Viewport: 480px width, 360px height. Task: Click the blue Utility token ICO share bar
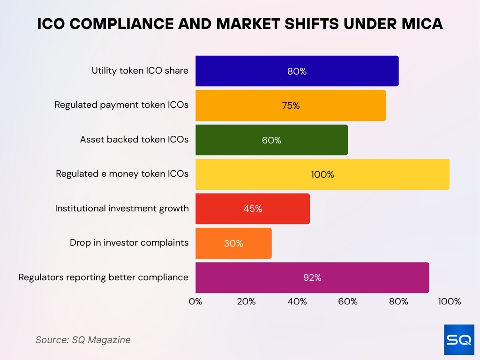pyautogui.click(x=297, y=71)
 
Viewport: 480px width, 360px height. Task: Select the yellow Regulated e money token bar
pyautogui.click(x=322, y=174)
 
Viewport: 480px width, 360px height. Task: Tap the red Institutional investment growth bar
pyautogui.click(x=252, y=209)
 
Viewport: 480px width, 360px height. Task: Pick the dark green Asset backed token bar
pyautogui.click(x=271, y=140)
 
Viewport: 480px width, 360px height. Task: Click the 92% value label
pyautogui.click(x=312, y=277)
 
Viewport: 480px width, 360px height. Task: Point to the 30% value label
pyautogui.click(x=233, y=243)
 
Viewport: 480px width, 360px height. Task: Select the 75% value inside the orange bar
pyautogui.click(x=291, y=105)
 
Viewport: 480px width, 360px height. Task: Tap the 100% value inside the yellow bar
pyautogui.click(x=322, y=174)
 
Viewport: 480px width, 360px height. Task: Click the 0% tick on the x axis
pyautogui.click(x=195, y=301)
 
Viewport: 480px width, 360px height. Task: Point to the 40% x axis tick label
pyautogui.click(x=297, y=301)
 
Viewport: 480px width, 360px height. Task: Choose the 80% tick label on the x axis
pyautogui.click(x=398, y=301)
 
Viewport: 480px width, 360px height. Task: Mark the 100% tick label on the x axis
pyautogui.click(x=449, y=301)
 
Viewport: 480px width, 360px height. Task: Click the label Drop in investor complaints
pyautogui.click(x=129, y=243)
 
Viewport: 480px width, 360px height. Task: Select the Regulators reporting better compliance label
pyautogui.click(x=103, y=277)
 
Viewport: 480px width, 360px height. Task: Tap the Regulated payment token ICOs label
pyautogui.click(x=121, y=105)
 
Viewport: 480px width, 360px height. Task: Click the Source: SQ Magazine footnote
pyautogui.click(x=83, y=340)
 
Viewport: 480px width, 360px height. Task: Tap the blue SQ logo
pyautogui.click(x=459, y=339)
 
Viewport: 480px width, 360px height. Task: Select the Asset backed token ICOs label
pyautogui.click(x=134, y=140)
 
